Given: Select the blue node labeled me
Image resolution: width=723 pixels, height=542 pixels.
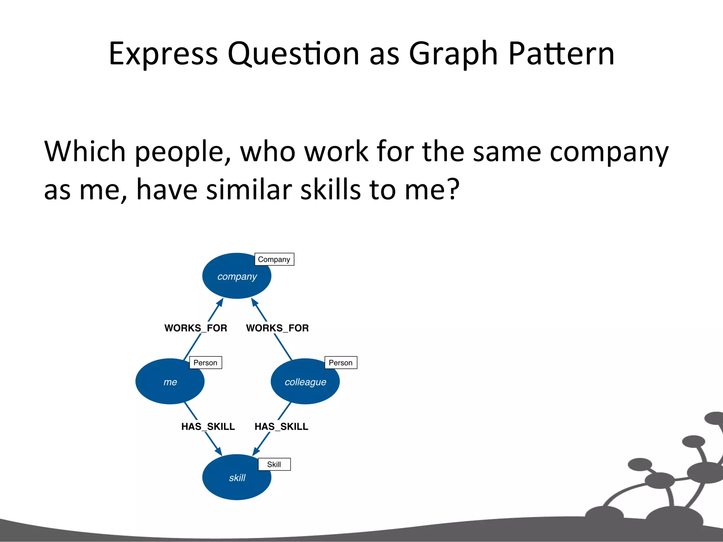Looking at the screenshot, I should pos(170,381).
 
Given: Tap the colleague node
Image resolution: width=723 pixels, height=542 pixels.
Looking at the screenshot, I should pos(305,381).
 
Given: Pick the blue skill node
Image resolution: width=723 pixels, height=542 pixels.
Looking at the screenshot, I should pos(237,477).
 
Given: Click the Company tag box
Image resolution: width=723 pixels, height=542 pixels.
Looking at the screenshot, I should pos(274,259).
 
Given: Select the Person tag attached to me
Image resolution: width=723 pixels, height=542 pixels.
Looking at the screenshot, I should pos(205,363).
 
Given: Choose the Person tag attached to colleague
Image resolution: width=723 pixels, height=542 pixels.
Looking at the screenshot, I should pos(340,363).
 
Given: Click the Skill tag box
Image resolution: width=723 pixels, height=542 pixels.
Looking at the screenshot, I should pos(274,464).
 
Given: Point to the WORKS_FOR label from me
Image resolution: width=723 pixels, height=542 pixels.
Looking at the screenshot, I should pos(196,328).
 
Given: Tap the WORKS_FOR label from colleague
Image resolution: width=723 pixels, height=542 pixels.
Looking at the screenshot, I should pos(277,328).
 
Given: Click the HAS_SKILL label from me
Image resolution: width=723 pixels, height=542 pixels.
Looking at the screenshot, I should pos(208,427).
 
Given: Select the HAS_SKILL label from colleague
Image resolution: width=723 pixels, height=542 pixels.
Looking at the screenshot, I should pos(281,427).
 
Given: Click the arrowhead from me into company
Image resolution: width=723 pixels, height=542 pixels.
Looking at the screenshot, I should pos(221,302).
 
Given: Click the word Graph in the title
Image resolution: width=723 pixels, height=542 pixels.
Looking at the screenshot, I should pos(453,55).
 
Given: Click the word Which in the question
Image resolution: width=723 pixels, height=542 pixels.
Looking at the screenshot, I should pos(85,152).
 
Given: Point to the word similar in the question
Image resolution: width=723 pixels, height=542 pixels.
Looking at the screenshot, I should pos(248,189).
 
